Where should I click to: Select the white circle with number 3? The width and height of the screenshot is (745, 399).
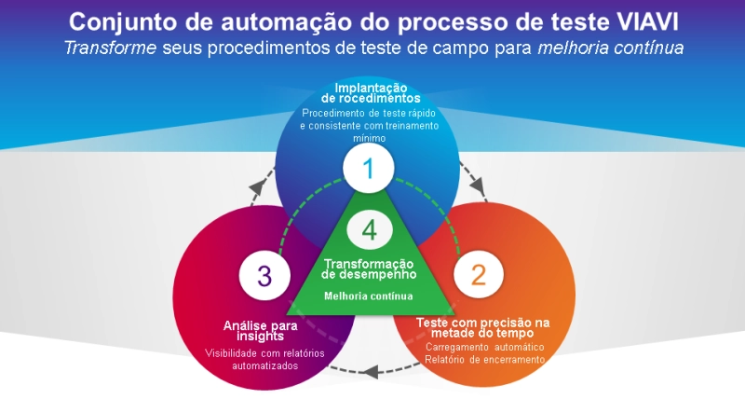click(x=264, y=275)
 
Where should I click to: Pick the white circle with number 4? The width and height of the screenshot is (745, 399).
click(x=370, y=228)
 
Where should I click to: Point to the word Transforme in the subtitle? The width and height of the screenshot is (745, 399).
click(x=103, y=47)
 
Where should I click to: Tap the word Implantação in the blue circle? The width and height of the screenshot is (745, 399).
click(x=371, y=87)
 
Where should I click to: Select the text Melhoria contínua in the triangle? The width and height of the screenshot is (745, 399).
click(x=369, y=296)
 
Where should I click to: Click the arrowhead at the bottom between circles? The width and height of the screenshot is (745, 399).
click(x=371, y=371)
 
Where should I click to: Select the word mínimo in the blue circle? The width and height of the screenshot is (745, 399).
click(x=370, y=137)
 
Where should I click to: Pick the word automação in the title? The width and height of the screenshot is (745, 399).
click(x=278, y=21)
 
